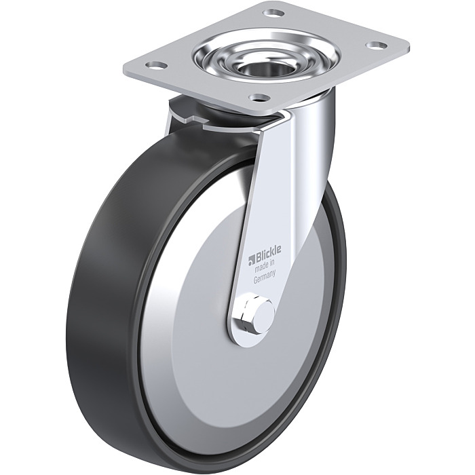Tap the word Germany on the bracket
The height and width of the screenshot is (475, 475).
tap(264, 278)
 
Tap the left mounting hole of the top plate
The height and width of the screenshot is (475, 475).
tap(157, 65)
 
